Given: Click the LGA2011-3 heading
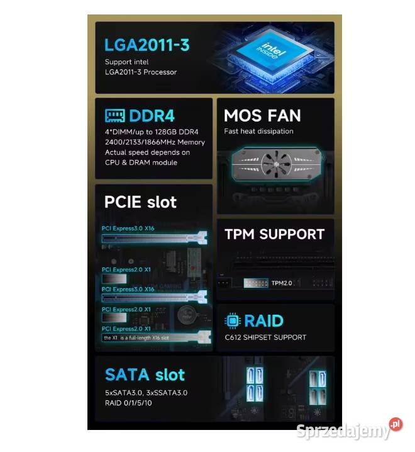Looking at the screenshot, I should pos(147,45).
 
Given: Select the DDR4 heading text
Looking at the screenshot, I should pos(152,116).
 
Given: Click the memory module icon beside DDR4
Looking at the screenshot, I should pos(114,116).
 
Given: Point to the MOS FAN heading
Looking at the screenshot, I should pos(262,116).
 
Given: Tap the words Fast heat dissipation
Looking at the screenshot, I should pos(258,132).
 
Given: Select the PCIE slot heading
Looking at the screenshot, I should pos(140,202).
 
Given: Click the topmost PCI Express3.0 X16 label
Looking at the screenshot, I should pos(128,229).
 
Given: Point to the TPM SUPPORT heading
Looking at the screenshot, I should pos(274,234).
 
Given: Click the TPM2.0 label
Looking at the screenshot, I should pos(282,283).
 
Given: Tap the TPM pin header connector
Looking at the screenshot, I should pos(255,283).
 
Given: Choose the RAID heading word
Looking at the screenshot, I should pos(263,321).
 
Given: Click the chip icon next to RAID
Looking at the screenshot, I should pos(233,321).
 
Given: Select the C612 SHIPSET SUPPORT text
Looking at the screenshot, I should pos(265,337).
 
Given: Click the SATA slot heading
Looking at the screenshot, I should pos(145,375).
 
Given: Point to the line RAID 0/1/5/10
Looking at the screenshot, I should pos(128,403).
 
